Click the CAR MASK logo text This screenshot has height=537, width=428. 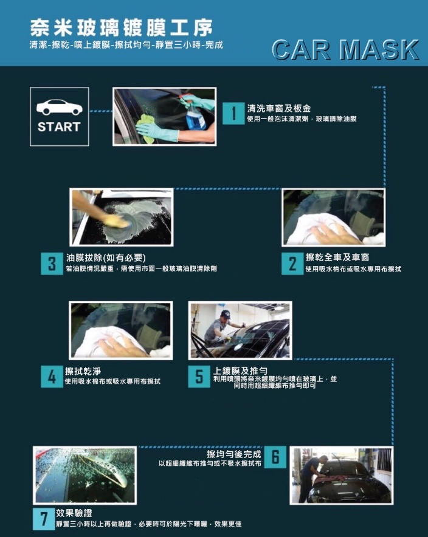click(x=345, y=50)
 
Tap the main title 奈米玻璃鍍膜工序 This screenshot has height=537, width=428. click(x=122, y=28)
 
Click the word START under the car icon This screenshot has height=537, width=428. click(x=59, y=127)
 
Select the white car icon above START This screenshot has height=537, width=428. click(x=60, y=107)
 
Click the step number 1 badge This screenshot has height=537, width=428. click(x=233, y=113)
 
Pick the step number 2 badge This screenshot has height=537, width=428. click(x=292, y=264)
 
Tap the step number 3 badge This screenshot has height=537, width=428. click(x=52, y=264)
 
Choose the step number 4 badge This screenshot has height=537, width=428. click(x=52, y=377)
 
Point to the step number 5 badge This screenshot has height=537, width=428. click(x=199, y=377)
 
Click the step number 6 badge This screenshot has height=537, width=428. click(x=275, y=457)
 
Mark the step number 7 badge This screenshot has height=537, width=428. click(x=44, y=519)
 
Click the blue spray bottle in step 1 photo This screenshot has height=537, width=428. click(x=195, y=115)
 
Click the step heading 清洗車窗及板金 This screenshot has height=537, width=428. click(x=279, y=109)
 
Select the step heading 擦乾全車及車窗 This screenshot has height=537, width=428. click(x=337, y=258)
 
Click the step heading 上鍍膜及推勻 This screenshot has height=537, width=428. click(x=240, y=371)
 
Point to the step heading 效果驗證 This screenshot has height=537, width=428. click(x=74, y=513)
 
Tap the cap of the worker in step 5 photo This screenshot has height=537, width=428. click(x=226, y=313)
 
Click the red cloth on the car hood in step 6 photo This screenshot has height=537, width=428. click(x=327, y=479)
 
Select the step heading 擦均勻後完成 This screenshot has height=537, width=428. click(x=233, y=454)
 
